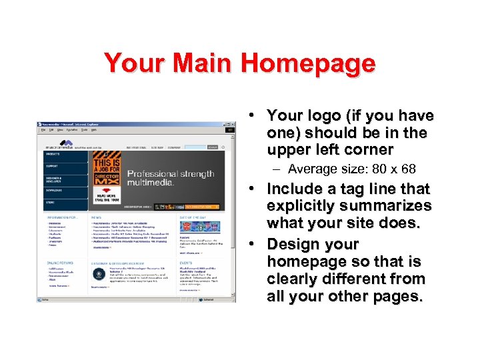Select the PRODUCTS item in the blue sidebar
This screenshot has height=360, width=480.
[53, 154]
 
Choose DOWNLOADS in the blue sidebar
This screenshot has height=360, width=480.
[55, 190]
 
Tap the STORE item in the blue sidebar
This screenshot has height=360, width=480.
[50, 202]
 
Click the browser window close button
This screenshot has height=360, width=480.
[233, 125]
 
